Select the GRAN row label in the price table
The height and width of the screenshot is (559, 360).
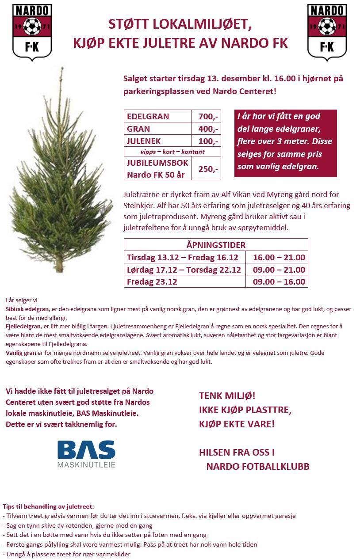pyautogui.click(x=139, y=129)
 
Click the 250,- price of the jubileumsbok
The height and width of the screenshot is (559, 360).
pyautogui.click(x=208, y=169)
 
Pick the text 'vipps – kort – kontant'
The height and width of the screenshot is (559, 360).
pyautogui.click(x=172, y=152)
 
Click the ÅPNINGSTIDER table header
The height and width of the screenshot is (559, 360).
pyautogui.click(x=216, y=245)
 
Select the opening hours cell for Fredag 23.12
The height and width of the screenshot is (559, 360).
pyautogui.click(x=279, y=282)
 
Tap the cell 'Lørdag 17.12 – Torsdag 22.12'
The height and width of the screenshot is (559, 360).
pyautogui.click(x=184, y=270)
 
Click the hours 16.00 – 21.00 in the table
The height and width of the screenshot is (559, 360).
pyautogui.click(x=279, y=257)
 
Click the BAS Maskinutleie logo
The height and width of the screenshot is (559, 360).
pyautogui.click(x=86, y=453)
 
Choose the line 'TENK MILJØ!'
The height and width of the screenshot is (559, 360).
pyautogui.click(x=227, y=396)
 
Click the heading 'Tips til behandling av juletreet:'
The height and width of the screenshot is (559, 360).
pyautogui.click(x=48, y=506)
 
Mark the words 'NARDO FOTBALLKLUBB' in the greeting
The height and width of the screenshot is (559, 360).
pyautogui.click(x=257, y=467)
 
